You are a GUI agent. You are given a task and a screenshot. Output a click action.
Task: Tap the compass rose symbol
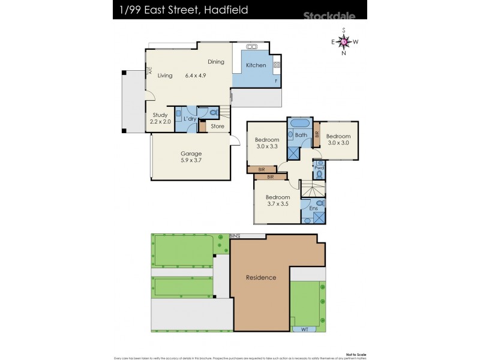[344, 41]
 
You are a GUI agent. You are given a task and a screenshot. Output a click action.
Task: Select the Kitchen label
[256, 65]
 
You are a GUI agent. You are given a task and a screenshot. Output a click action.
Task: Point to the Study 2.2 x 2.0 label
[160, 118]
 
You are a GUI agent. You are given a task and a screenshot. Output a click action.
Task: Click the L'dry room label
[190, 119]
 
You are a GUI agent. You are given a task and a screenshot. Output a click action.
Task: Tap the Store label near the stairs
[217, 126]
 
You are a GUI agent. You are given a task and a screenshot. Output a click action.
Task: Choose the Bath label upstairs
[301, 135]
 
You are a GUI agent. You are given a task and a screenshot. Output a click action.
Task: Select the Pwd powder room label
[319, 168]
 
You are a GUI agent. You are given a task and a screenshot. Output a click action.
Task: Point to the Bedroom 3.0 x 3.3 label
[268, 143]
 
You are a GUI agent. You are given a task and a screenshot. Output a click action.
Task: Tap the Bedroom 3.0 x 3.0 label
[338, 140]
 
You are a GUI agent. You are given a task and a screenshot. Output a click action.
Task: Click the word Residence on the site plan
[261, 277]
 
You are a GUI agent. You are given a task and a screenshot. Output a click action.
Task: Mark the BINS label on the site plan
[234, 236]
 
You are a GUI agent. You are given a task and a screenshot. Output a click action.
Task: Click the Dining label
[216, 62]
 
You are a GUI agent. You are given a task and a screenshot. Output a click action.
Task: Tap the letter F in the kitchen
[275, 80]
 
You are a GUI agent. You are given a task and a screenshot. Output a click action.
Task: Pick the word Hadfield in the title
[224, 10]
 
